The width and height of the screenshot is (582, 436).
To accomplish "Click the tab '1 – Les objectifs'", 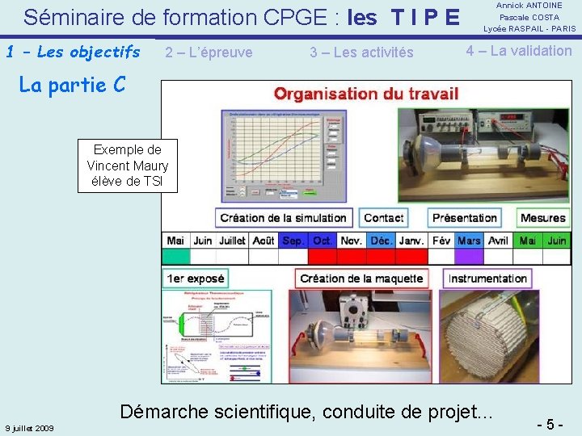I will (x=73, y=52).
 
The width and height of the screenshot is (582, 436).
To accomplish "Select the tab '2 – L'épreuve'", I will (x=209, y=52).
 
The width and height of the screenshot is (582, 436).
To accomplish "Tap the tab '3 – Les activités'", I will (x=361, y=52).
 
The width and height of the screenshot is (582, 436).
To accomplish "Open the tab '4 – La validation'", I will (x=518, y=51).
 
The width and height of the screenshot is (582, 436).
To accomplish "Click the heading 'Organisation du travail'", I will (x=366, y=93).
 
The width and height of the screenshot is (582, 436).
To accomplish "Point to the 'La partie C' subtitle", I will (x=72, y=85).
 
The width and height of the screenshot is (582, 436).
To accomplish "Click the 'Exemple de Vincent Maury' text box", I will (x=127, y=166).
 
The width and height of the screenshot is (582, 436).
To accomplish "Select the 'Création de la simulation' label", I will (x=283, y=217).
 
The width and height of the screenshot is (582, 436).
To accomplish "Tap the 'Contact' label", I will (x=383, y=217).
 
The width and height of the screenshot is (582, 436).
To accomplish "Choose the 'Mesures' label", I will (x=542, y=217).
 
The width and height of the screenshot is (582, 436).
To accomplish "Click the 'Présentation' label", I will (x=464, y=217).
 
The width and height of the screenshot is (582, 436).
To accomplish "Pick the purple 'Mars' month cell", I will (x=469, y=241).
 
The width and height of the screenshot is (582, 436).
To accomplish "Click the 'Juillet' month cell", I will (x=232, y=241).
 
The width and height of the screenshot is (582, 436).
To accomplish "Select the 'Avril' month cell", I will (x=498, y=241).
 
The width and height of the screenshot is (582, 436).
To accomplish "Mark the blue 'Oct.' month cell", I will (x=323, y=241).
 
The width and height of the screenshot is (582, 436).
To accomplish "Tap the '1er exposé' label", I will (x=195, y=279).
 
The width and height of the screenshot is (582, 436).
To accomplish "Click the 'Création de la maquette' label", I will (x=361, y=279).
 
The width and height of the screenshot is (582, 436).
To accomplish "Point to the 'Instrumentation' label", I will (x=487, y=279).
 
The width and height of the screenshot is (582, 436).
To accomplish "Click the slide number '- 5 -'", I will (x=550, y=424).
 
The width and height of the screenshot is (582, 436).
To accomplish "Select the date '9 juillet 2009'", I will (x=29, y=428).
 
